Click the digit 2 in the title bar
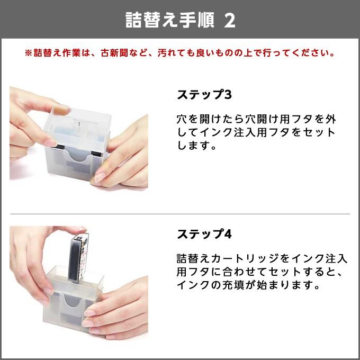coord(230,20)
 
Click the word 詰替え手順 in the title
coord(169,20)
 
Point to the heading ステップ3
coord(204,95)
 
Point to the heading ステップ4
coord(204,233)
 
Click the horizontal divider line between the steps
coord(180,214)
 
